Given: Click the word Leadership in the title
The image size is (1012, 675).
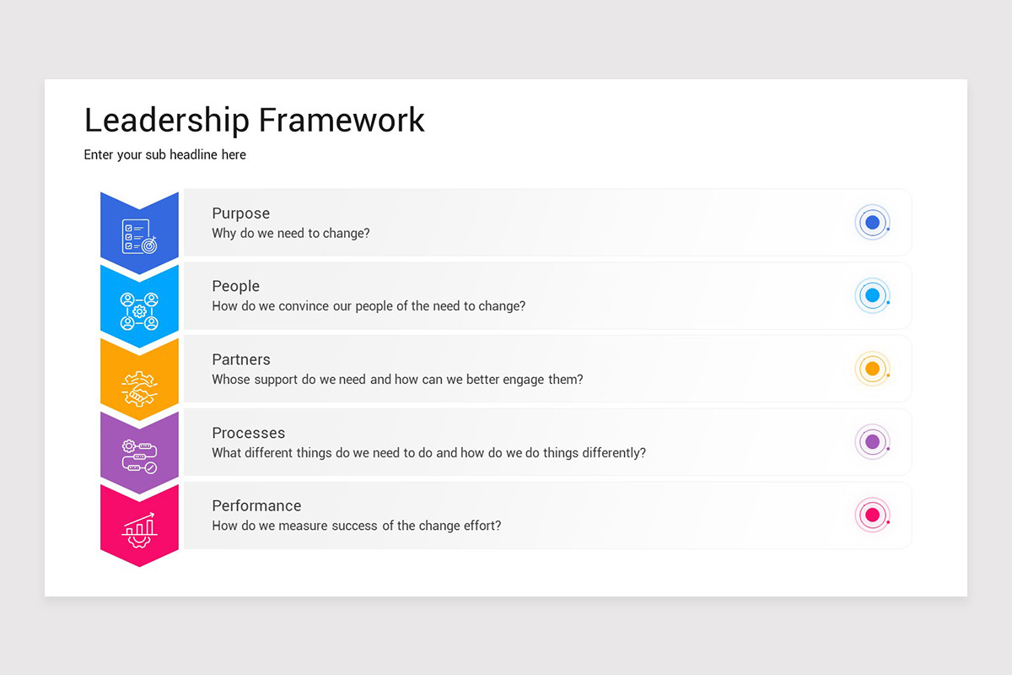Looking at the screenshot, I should tap(168, 120).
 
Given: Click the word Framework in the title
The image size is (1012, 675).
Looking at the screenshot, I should tap(342, 120).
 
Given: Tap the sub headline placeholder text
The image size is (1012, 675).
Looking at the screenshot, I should tap(164, 154).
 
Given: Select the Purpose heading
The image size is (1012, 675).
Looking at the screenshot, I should tap(240, 213).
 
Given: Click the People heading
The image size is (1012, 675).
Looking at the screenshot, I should tap(235, 286).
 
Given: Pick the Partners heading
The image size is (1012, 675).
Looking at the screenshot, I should tap(240, 359).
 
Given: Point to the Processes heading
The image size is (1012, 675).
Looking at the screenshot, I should tap(248, 433).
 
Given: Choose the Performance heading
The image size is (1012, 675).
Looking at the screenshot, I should tap(256, 505).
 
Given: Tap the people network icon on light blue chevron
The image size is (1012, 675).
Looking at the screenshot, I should tap(139, 310).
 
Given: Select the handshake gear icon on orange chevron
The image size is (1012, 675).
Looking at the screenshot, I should tap(139, 384).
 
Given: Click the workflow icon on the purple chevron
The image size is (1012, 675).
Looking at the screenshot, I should tap(139, 456).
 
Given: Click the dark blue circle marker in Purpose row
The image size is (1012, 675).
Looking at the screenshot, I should tap(872, 223).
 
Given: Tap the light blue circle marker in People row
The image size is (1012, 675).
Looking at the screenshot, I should tap(872, 296).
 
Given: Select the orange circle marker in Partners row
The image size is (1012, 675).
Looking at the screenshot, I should tap(872, 369).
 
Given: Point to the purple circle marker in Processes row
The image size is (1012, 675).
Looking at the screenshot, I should tap(872, 441).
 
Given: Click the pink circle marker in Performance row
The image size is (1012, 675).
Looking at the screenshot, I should tap(872, 515).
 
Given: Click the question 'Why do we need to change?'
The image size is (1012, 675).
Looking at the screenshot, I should tap(290, 233).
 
